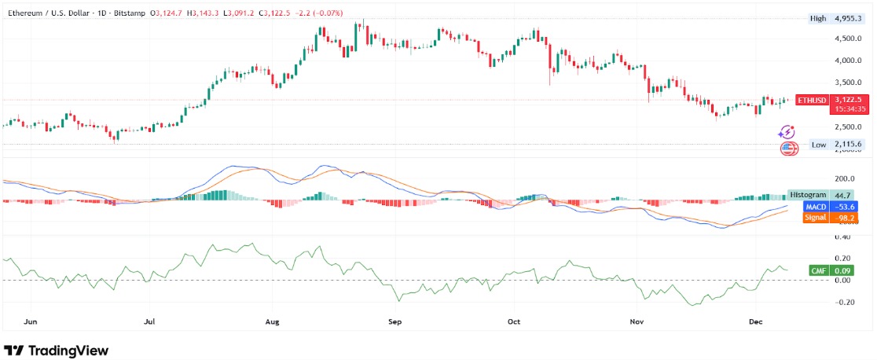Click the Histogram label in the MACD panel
(x=808, y=194)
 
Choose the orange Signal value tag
(x=822, y=218)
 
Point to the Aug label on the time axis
(x=273, y=321)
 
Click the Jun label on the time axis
(x=31, y=321)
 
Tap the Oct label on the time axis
(x=514, y=321)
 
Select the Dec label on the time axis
(x=756, y=321)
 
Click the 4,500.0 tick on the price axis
(x=849, y=39)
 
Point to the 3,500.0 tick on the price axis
(x=849, y=83)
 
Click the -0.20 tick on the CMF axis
(x=845, y=302)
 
